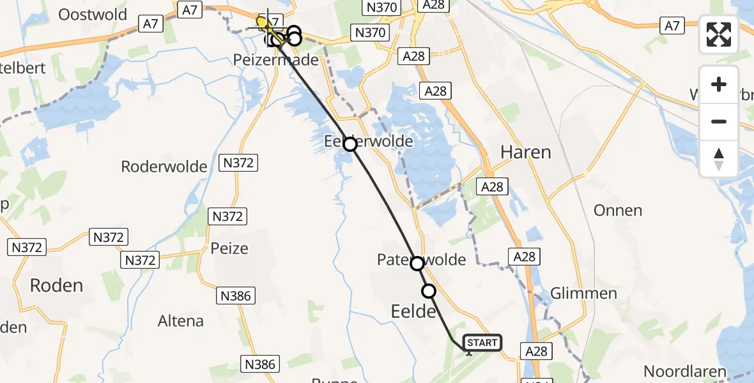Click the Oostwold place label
pyautogui.click(x=93, y=14)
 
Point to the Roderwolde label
pyautogui.click(x=164, y=167)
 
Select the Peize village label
pyautogui.click(x=229, y=248)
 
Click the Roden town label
pyautogui.click(x=56, y=285)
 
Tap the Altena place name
pyautogui.click(x=181, y=320)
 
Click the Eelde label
pyautogui.click(x=413, y=312)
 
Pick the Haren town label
pyautogui.click(x=525, y=152)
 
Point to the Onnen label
pyautogui.click(x=617, y=211)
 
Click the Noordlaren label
pyautogui.click(x=684, y=372)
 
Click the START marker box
pyautogui.click(x=482, y=343)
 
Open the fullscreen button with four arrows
pyautogui.click(x=719, y=34)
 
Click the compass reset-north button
pyautogui.click(x=719, y=159)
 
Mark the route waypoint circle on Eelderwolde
pyautogui.click(x=350, y=144)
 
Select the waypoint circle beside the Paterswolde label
pyautogui.click(x=417, y=263)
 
